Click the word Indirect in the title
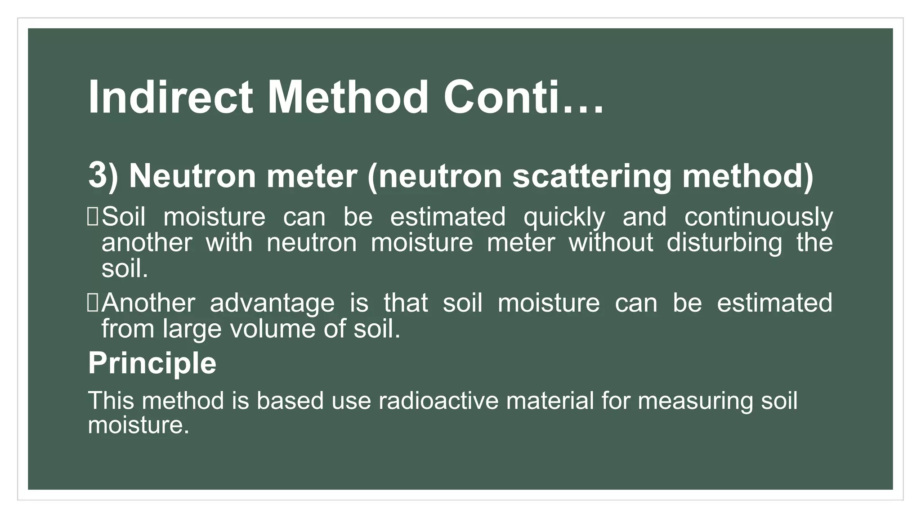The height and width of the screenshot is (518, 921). [x=170, y=98]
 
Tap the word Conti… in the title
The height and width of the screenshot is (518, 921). [x=523, y=98]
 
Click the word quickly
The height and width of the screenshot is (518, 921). [x=564, y=217]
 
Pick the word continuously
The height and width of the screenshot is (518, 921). [x=759, y=217]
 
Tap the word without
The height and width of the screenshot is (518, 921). [x=611, y=243]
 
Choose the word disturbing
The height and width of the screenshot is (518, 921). [x=724, y=243]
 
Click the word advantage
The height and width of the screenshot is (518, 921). [x=272, y=303]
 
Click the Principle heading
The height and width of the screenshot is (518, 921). [x=152, y=363]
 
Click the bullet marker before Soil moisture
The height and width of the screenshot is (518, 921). [x=93, y=217]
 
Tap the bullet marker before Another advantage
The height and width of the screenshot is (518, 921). [x=93, y=303]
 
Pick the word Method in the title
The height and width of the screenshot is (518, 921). [x=348, y=98]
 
